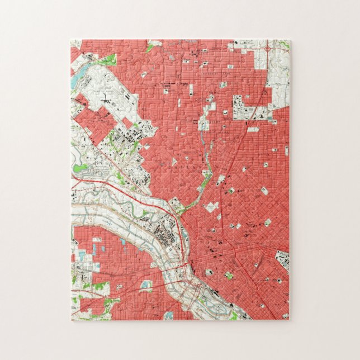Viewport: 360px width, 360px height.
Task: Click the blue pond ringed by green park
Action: pyautogui.click(x=146, y=285)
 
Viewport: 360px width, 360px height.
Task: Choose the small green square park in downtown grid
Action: pyautogui.click(x=228, y=275)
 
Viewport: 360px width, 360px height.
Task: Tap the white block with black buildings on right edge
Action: pyautogui.click(x=282, y=260)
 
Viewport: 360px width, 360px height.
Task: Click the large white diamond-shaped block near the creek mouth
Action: pyautogui.click(x=211, y=207)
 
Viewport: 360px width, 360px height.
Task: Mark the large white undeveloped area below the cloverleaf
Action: pyautogui.click(x=277, y=78)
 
